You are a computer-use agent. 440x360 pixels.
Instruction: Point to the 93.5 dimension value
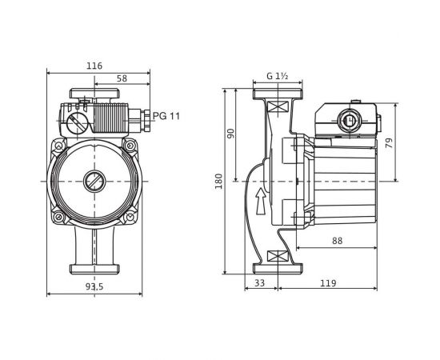(94, 286)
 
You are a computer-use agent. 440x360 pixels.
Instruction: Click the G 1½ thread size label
(278, 77)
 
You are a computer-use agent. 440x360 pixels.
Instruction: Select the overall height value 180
(218, 182)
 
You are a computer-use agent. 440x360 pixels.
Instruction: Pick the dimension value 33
(260, 282)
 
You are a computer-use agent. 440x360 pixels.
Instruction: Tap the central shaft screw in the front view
(94, 181)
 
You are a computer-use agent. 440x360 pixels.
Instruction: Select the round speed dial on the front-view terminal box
(76, 124)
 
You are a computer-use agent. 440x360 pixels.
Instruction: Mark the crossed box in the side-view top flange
(277, 106)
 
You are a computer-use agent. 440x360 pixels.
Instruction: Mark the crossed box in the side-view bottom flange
(277, 257)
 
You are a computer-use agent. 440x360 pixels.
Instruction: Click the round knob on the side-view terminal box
(348, 122)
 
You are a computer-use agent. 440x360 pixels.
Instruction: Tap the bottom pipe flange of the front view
(94, 264)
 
